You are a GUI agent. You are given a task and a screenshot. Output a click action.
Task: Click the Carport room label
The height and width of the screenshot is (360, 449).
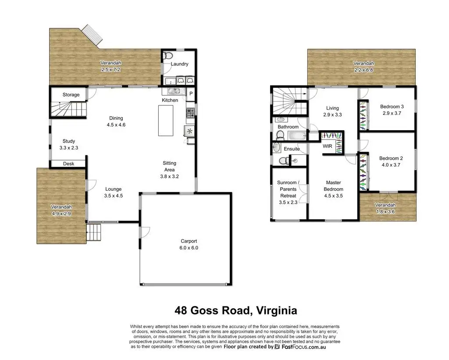[x=189, y=241]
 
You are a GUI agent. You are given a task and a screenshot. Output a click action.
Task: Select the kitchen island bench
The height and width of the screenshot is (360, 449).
[x=166, y=121]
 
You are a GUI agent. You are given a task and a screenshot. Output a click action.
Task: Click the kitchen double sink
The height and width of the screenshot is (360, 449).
[x=174, y=91]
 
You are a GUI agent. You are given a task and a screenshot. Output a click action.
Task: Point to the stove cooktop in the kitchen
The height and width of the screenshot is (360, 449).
[x=190, y=113]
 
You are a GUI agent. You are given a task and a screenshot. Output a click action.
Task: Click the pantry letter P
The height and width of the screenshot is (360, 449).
[x=191, y=94]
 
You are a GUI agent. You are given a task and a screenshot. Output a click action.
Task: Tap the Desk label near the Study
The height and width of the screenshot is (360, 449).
[x=69, y=164]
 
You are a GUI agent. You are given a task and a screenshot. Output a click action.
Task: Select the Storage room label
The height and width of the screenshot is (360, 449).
[x=71, y=95]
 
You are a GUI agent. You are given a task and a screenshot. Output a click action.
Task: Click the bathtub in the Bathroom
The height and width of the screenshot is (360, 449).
[x=297, y=135]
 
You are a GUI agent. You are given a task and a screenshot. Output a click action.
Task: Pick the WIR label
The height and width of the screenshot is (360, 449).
[x=327, y=146]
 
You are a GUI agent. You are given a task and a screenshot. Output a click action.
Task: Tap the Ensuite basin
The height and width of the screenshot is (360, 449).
[x=276, y=147]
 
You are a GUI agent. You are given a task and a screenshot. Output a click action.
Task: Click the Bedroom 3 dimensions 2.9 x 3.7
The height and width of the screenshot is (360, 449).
[x=392, y=113]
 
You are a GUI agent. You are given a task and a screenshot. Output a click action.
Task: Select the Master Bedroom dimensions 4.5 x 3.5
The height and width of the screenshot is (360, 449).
[x=333, y=196]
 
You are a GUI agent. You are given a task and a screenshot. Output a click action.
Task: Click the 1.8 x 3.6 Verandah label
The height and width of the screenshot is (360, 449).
[x=385, y=208]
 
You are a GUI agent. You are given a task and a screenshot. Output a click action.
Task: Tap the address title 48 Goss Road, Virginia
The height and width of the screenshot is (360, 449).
[x=235, y=310]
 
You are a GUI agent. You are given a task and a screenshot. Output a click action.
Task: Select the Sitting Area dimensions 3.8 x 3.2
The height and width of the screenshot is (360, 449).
[x=169, y=176]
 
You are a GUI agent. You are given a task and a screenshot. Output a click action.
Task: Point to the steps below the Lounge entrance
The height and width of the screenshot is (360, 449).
[x=94, y=232]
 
